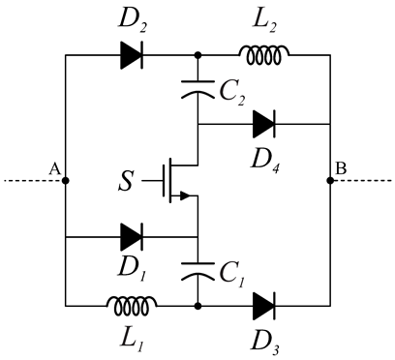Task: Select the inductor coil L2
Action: pyautogui.click(x=261, y=55)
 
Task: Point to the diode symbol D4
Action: pyautogui.click(x=263, y=124)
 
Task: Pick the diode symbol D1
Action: pyautogui.click(x=133, y=235)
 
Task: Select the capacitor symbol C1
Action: pyautogui.click(x=197, y=269)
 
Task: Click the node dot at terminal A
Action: pyautogui.click(x=65, y=180)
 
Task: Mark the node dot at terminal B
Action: pyautogui.click(x=330, y=180)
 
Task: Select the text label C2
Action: pyautogui.click(x=231, y=95)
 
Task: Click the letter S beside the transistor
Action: pyautogui.click(x=123, y=181)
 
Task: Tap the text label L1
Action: pyautogui.click(x=133, y=340)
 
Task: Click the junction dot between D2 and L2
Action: pyautogui.click(x=197, y=55)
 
